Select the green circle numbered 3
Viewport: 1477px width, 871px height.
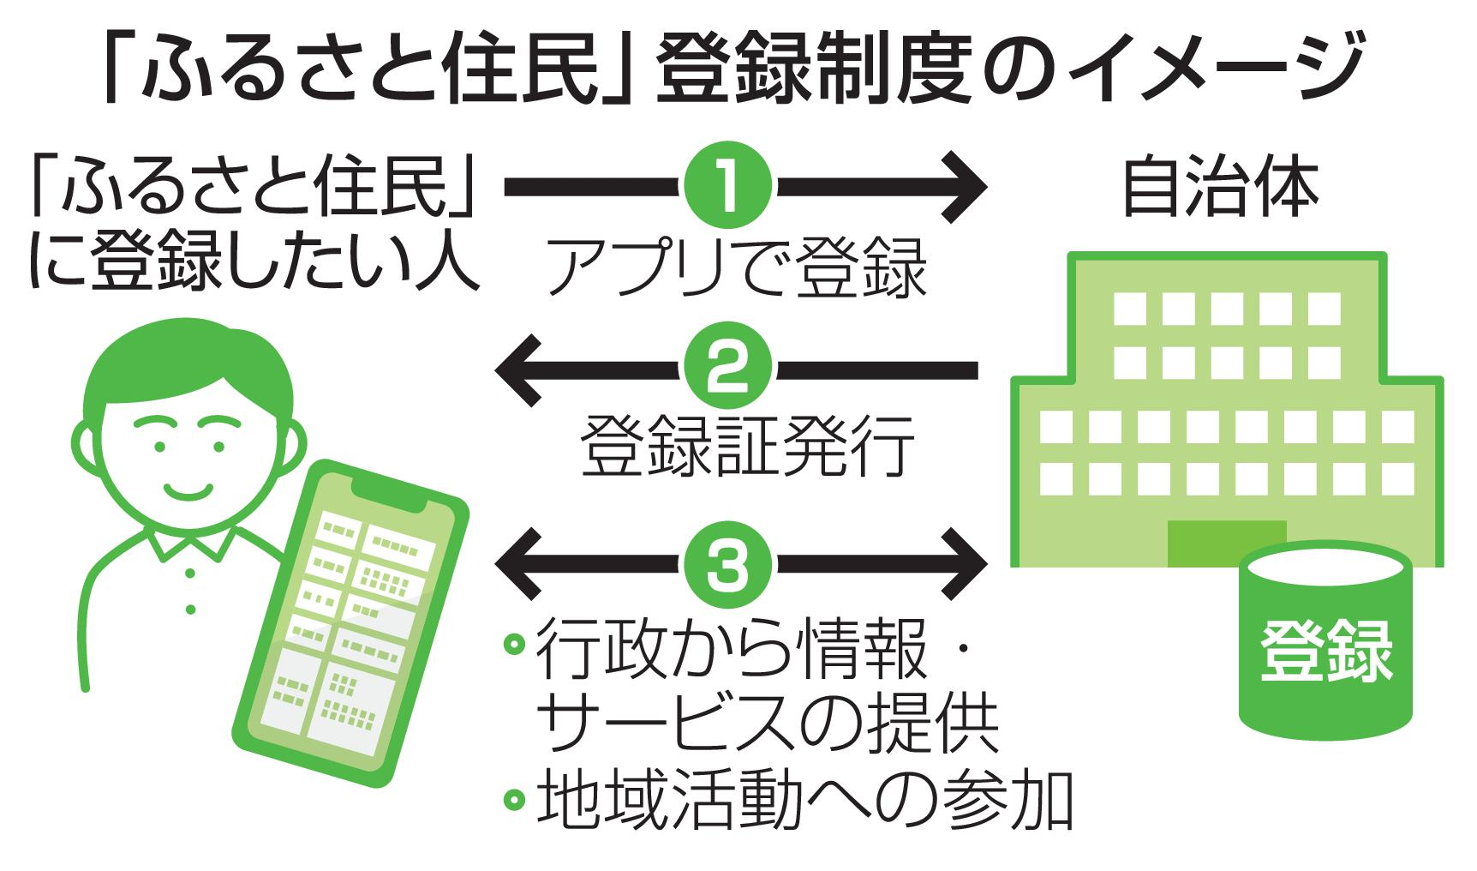[728, 564]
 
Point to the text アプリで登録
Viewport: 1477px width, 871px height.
[738, 268]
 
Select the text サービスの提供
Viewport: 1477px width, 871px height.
[766, 726]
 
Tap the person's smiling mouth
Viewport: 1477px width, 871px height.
[191, 490]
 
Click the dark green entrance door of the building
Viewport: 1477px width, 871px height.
[1227, 542]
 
